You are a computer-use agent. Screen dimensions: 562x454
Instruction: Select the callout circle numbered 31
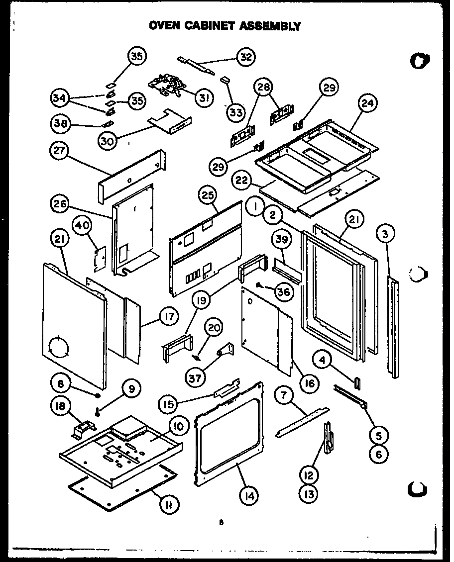[202, 98]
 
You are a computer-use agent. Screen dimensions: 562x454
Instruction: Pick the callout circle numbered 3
[387, 233]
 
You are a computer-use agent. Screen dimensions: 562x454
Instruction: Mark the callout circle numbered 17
[169, 316]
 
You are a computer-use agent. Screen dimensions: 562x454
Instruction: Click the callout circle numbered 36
[283, 292]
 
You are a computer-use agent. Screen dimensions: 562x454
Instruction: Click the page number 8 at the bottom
[221, 522]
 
